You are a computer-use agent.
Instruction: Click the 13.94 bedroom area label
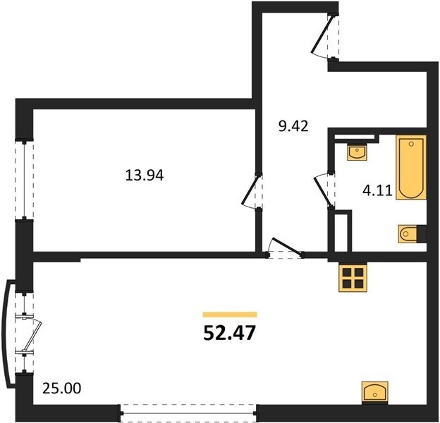pos(145,176)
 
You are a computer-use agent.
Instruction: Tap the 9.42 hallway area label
pos(293,126)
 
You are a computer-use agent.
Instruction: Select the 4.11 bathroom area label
pos(377,191)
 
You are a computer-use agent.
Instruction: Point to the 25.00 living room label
pos(62,388)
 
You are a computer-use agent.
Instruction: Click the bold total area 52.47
pos(230,333)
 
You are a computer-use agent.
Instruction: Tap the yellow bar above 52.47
pos(230,314)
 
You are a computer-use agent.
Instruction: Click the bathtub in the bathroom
pos(411,168)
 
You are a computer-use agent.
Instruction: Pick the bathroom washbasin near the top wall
pos(357,152)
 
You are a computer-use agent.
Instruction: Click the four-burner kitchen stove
pos(353,278)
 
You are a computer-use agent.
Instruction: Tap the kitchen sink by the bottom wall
pos(375,392)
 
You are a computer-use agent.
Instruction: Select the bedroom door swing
pos(252,191)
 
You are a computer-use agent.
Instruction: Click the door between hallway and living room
pos(285,249)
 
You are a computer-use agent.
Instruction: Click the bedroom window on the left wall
pos(25,180)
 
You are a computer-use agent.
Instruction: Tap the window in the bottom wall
pos(188,412)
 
